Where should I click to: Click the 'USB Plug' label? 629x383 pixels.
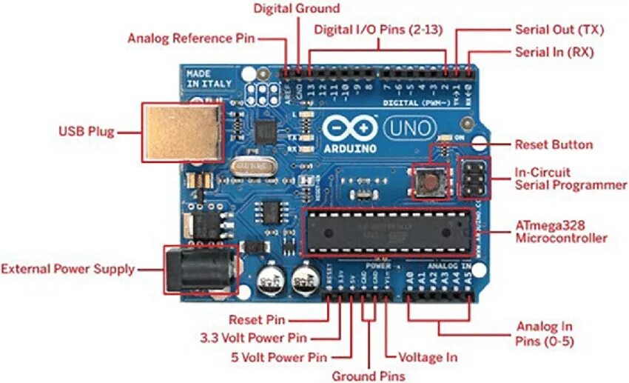click(86, 132)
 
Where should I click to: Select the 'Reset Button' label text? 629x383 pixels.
click(554, 144)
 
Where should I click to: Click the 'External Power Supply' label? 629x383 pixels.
click(68, 269)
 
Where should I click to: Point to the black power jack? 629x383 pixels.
click(198, 269)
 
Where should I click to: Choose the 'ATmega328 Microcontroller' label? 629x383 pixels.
click(561, 230)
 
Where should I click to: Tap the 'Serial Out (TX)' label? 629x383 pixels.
click(559, 30)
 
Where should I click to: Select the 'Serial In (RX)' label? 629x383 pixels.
click(554, 53)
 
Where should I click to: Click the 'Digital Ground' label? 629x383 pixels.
click(297, 9)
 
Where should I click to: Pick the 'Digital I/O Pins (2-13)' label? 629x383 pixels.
click(380, 30)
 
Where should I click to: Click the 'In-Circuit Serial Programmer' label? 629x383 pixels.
click(571, 179)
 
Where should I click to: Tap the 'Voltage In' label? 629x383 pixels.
click(428, 357)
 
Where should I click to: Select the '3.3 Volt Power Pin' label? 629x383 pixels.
click(253, 338)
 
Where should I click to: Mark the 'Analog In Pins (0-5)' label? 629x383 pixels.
click(544, 334)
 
